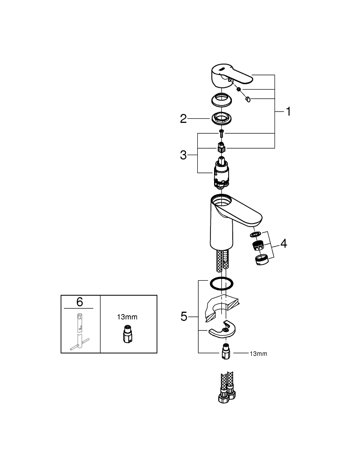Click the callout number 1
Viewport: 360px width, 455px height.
pyautogui.click(x=288, y=111)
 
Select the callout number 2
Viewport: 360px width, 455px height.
pyautogui.click(x=183, y=119)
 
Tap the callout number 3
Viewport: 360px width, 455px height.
pyautogui.click(x=183, y=155)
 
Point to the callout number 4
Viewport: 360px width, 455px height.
pyautogui.click(x=284, y=243)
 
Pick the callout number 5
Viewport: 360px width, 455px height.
pyautogui.click(x=184, y=317)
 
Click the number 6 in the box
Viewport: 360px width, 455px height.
pyautogui.click(x=80, y=302)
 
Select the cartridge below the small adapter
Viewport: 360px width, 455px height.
pyautogui.click(x=221, y=172)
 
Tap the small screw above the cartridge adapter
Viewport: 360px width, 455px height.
pyautogui.click(x=221, y=134)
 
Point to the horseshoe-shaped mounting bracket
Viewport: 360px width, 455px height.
pyautogui.click(x=222, y=329)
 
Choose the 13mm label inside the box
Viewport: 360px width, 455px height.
pyautogui.click(x=127, y=317)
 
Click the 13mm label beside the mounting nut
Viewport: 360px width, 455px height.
pyautogui.click(x=259, y=354)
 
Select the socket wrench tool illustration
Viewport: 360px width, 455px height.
pyautogui.click(x=80, y=331)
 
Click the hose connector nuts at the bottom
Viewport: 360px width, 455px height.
pyautogui.click(x=227, y=395)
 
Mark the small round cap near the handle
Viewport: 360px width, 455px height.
pyautogui.click(x=248, y=100)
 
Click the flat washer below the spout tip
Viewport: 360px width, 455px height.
pyautogui.click(x=255, y=234)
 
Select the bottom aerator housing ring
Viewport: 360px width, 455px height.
pyautogui.click(x=262, y=259)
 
